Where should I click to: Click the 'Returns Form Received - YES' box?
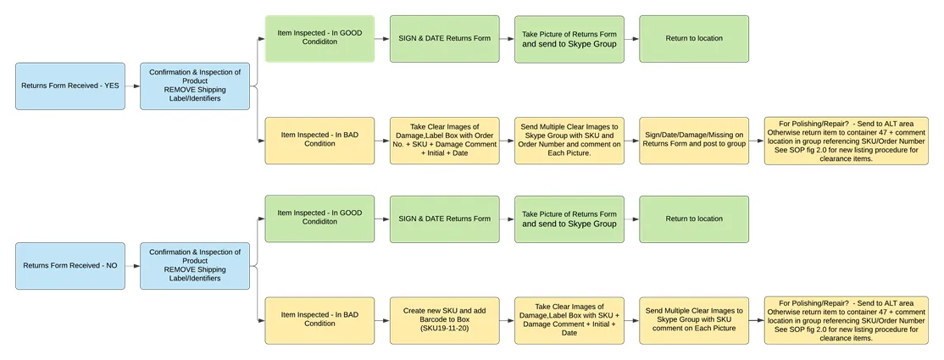(x=70, y=86)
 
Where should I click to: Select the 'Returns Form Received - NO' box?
(x=70, y=265)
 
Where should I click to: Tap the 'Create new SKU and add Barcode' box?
(x=444, y=320)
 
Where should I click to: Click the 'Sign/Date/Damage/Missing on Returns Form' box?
(x=694, y=141)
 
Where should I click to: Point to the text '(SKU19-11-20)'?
(x=444, y=329)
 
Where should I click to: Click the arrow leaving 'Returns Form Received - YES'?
(x=132, y=86)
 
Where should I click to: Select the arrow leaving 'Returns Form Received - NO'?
(x=132, y=265)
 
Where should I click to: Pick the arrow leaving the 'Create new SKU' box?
(x=507, y=320)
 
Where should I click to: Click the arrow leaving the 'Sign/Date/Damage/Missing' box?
(x=757, y=141)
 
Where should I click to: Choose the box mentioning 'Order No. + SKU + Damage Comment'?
(x=444, y=141)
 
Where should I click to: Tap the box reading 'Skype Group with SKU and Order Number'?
(x=569, y=141)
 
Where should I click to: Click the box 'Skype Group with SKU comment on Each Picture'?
(x=694, y=320)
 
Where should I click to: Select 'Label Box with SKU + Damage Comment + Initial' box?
(x=569, y=320)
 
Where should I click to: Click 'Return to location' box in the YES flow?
(x=694, y=38)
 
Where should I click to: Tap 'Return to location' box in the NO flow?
(x=694, y=219)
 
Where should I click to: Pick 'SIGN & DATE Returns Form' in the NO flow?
(x=444, y=219)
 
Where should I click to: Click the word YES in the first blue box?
(x=112, y=86)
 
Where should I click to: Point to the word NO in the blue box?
(x=111, y=265)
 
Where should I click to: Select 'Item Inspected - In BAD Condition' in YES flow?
(x=319, y=141)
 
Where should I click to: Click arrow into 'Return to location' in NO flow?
(x=631, y=219)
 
